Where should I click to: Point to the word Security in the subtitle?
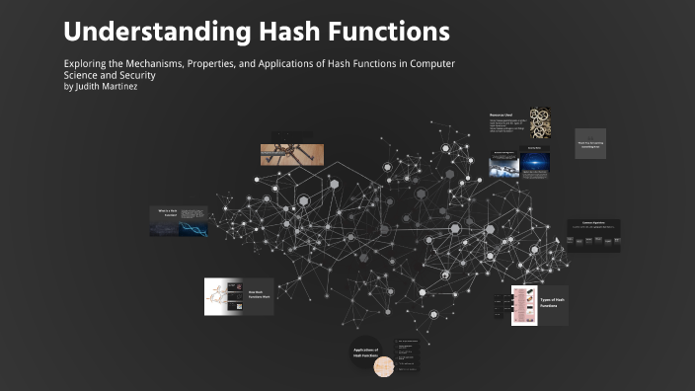135,75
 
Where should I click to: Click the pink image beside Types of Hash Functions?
524,305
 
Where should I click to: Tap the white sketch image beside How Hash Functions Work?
217,296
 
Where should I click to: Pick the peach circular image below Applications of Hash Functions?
383,367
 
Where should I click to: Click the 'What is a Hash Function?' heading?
165,210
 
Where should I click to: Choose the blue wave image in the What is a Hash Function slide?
163,227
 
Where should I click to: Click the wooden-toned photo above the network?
286,154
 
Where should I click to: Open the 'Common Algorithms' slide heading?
592,223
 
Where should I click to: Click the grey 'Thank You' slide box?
590,143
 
